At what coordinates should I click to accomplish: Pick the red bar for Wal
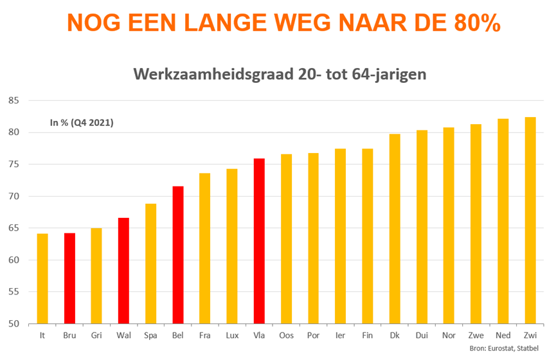123,271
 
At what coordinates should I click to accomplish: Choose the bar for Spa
150,264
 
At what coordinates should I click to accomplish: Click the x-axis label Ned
503,336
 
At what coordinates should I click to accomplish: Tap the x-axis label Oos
286,336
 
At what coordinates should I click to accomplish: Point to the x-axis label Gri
96,336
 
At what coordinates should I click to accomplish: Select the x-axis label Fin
367,336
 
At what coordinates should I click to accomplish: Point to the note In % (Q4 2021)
82,122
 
